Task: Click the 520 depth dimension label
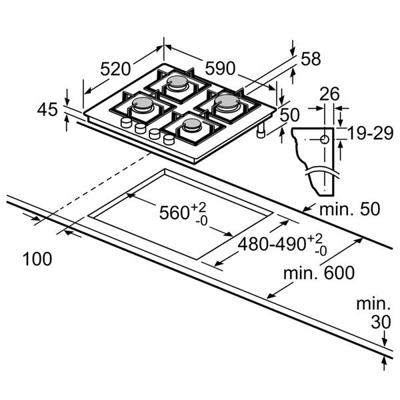(x=115, y=69)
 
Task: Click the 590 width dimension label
(x=220, y=68)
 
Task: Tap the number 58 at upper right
(x=311, y=59)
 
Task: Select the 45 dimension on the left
(x=47, y=110)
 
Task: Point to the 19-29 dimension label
(x=370, y=133)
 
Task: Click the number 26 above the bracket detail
(x=329, y=94)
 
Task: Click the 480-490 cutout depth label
(x=283, y=244)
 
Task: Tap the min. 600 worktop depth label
(x=319, y=273)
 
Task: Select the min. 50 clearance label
(x=350, y=209)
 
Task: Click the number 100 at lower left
(x=37, y=259)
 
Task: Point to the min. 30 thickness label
(x=373, y=313)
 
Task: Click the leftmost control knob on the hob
(x=126, y=123)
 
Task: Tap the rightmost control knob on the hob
(x=169, y=139)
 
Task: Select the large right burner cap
(x=227, y=101)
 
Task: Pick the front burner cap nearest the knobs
(x=192, y=124)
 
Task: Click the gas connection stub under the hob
(x=261, y=131)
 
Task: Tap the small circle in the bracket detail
(x=325, y=139)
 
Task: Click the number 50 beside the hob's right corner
(x=289, y=115)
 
